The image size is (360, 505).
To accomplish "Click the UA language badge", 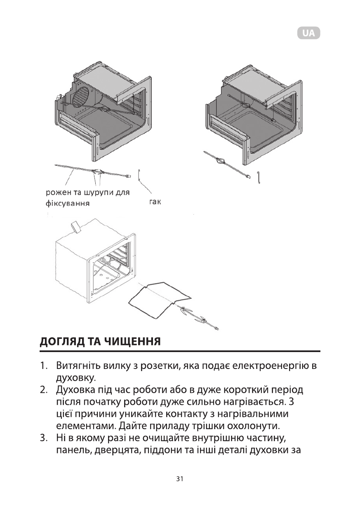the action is point(308,33).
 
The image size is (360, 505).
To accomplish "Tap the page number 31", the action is point(179,479).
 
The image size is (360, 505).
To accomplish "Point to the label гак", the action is point(153,202).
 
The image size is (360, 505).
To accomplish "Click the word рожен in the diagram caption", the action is point(56,193).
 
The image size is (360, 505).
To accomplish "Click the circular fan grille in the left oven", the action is point(83,98).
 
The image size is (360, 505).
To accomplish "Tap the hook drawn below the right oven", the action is point(258,177).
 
